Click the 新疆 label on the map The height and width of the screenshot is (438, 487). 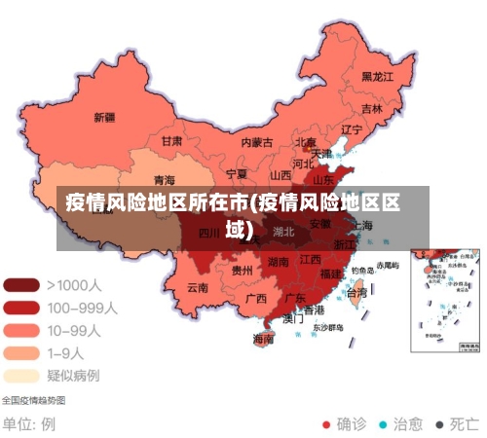pyautogui.click(x=104, y=118)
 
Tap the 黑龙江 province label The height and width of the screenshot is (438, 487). pyautogui.click(x=377, y=76)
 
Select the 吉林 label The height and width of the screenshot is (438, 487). pyautogui.click(x=371, y=109)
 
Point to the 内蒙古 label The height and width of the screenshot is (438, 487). pyautogui.click(x=257, y=142)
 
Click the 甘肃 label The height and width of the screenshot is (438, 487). pyautogui.click(x=172, y=141)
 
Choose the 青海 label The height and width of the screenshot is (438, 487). pyautogui.click(x=165, y=180)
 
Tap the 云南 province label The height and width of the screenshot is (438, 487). pyautogui.click(x=198, y=287)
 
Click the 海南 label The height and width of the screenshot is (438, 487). pyautogui.click(x=263, y=339)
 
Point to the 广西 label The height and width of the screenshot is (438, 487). pyautogui.click(x=256, y=298)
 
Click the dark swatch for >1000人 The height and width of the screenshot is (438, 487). pyautogui.click(x=20, y=285)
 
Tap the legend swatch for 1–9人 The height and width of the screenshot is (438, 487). pyautogui.click(x=20, y=352)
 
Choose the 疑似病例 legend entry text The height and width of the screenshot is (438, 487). pyautogui.click(x=73, y=375)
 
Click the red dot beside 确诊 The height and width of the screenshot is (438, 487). pyautogui.click(x=326, y=424)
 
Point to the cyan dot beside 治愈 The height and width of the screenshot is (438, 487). pyautogui.click(x=383, y=424)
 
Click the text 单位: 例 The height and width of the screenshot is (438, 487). pyautogui.click(x=29, y=424)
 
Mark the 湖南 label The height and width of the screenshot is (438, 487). pyautogui.click(x=278, y=262)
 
